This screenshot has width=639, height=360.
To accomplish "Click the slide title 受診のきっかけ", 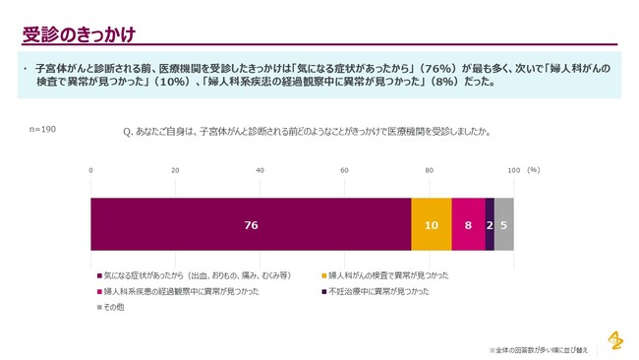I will pos(79,33).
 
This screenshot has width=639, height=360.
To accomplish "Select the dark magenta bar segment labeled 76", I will pos(251,225).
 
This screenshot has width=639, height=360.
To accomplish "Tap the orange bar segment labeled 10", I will pos(432,225).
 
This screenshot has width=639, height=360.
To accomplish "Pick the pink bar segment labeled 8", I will pos(468,225).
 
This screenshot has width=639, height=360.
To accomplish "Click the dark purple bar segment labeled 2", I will pos(490,225).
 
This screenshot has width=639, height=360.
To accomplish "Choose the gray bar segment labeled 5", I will pos(503,225).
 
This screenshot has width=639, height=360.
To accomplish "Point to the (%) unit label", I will pos(534,170).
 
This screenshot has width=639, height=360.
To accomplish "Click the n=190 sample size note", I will pos(42,129).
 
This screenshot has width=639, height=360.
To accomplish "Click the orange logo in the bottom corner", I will pos(614,340).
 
